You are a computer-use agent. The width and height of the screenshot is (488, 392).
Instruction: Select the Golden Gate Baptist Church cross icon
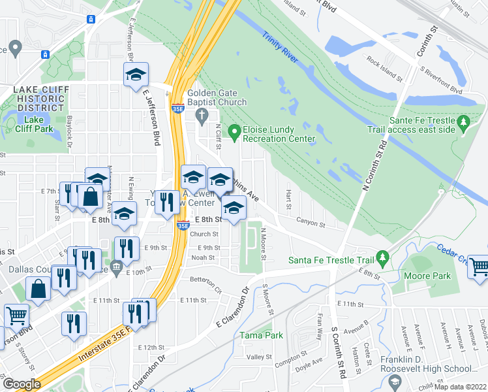[202, 117]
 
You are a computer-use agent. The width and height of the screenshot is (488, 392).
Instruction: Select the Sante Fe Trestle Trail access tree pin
[464, 122]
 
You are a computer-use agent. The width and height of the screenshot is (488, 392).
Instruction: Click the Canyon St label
[311, 223]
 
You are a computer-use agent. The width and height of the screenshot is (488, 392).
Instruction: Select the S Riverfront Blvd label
[441, 77]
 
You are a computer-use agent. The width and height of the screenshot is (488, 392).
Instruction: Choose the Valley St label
[259, 357]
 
